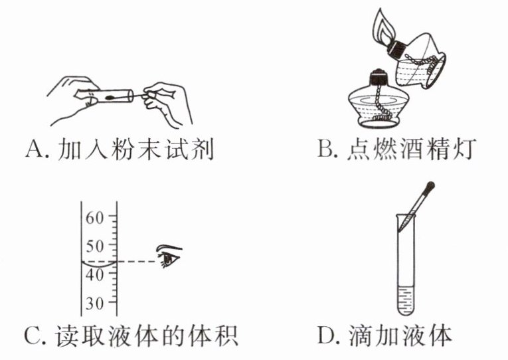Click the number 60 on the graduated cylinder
(x=95, y=218)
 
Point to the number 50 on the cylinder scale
(x=95, y=246)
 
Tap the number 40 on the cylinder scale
(x=95, y=275)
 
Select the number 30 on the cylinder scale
(x=95, y=304)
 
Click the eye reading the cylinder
(x=169, y=256)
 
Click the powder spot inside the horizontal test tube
(x=110, y=96)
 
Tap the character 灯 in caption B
(x=464, y=148)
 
